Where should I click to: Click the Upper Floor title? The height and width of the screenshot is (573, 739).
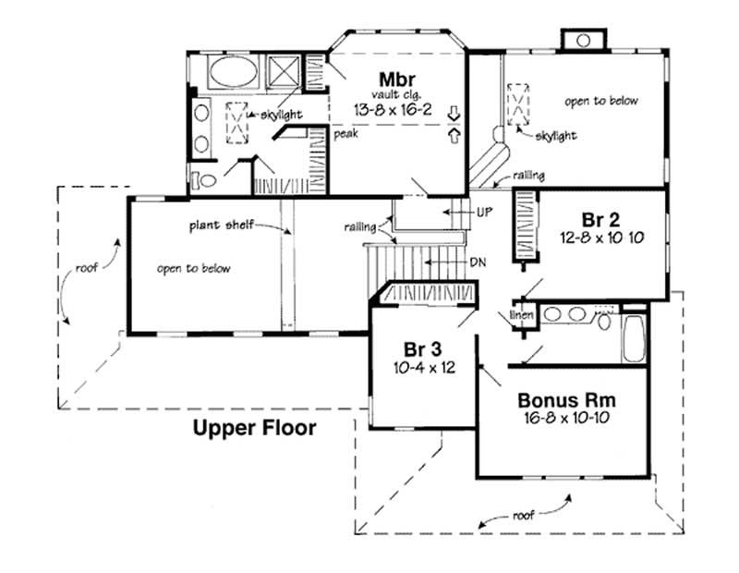[x=254, y=428]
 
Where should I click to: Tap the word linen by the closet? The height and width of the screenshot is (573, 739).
[x=522, y=315]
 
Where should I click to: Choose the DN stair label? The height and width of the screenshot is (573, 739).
[x=478, y=262]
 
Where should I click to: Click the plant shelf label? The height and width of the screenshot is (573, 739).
[x=218, y=225]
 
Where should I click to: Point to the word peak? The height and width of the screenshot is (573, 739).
[x=345, y=133]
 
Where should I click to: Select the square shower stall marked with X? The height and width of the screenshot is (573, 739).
[x=283, y=72]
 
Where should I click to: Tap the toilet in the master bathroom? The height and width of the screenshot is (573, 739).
[x=204, y=178]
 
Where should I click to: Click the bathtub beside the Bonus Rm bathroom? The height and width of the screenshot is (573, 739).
[x=635, y=339]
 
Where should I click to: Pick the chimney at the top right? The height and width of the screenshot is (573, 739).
[x=582, y=40]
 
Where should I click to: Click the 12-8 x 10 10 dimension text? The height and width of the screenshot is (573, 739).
[x=600, y=237]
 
